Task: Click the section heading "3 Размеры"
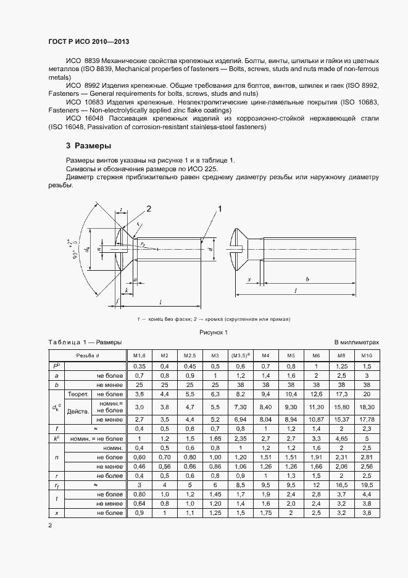pos(88,147)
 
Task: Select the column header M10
pos(366,355)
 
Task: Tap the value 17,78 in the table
pos(366,419)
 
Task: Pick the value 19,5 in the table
pos(366,487)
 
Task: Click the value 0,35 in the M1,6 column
pos(139,366)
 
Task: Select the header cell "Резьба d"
pos(87,355)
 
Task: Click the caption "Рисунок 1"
pos(213,332)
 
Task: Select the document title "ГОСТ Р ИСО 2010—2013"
pos(88,41)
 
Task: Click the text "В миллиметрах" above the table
pos(356,342)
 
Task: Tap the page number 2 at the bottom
pos(50,525)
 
